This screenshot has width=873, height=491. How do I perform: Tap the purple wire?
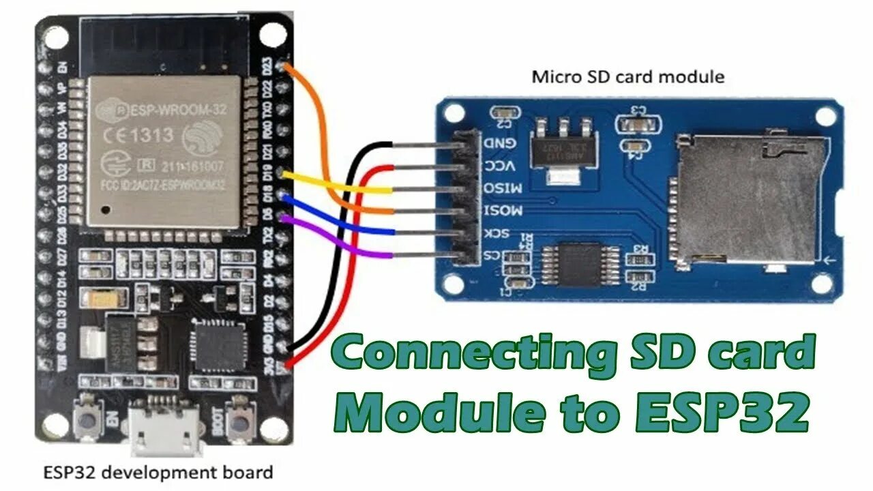pos(341,242)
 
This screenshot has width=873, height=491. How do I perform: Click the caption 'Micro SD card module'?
pos(627,77)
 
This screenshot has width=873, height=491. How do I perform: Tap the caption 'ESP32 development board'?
pos(158,472)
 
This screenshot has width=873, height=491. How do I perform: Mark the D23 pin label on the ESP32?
pos(268,68)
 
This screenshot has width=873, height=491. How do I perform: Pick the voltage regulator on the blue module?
pos(563,147)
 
